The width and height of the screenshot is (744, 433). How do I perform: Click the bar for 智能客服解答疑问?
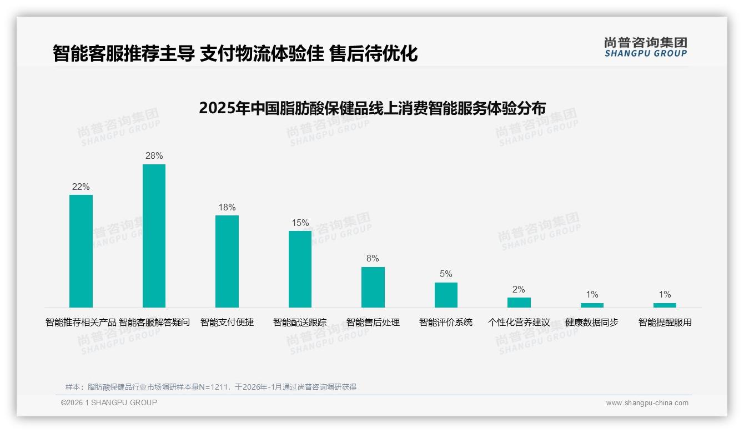click(x=154, y=236)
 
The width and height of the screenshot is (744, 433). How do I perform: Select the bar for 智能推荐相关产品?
click(x=81, y=251)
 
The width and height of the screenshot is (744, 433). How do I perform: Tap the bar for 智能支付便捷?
click(x=227, y=261)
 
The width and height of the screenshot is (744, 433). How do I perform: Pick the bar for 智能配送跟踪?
click(x=300, y=269)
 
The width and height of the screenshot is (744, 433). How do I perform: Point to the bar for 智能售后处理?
click(x=373, y=287)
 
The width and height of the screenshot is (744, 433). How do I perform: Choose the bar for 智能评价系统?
click(x=446, y=295)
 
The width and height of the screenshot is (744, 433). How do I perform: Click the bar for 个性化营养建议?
click(x=519, y=303)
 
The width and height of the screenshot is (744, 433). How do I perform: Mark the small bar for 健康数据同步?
click(x=592, y=305)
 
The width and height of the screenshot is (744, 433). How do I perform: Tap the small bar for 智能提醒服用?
click(x=665, y=305)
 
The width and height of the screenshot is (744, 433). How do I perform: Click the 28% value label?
click(x=154, y=156)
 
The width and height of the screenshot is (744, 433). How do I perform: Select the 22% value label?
click(x=81, y=187)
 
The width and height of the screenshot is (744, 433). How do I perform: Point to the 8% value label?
click(x=373, y=259)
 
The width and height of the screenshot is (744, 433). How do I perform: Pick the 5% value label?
click(x=446, y=274)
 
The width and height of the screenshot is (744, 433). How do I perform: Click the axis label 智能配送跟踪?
click(x=300, y=323)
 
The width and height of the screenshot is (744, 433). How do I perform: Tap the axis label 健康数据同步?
click(x=592, y=323)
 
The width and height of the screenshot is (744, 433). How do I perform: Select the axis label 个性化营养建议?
click(x=519, y=323)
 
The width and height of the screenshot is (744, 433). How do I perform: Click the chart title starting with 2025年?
click(x=372, y=108)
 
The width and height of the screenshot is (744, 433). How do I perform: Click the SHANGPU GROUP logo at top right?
click(x=646, y=47)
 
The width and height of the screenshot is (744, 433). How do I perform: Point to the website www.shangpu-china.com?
click(x=647, y=403)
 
